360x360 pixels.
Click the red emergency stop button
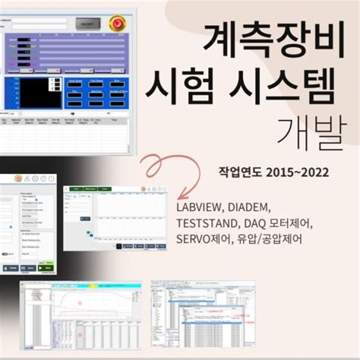pyautogui.click(x=118, y=24)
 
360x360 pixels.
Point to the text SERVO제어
pyautogui.click(x=204, y=241)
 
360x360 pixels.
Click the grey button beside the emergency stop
pyautogui.click(x=86, y=24)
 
